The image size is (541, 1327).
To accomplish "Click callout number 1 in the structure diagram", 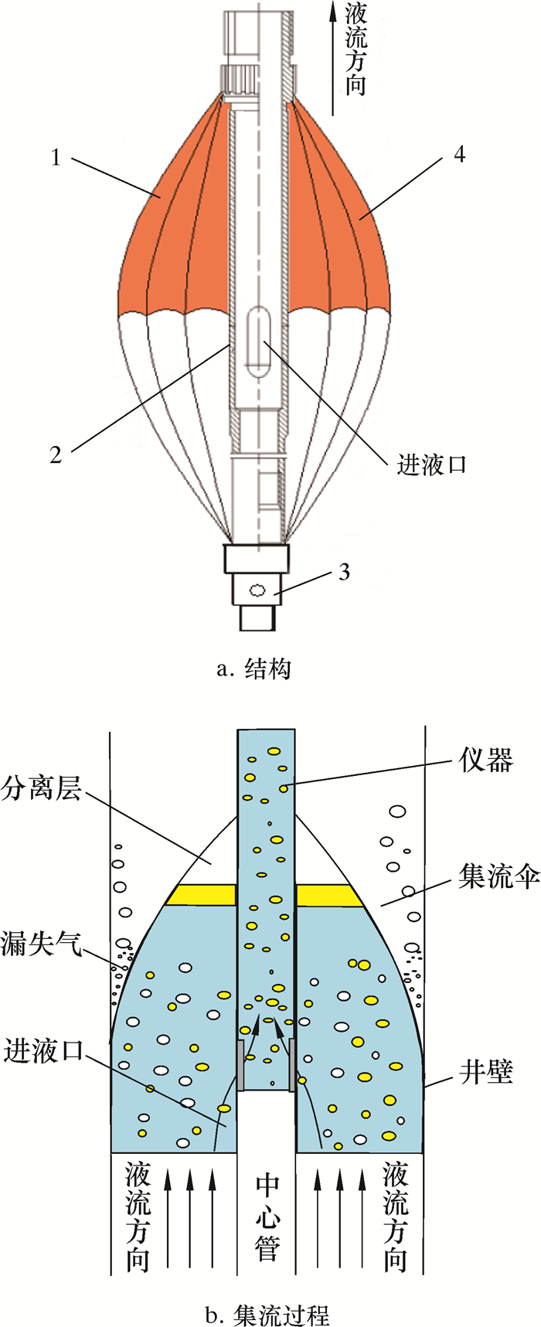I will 55,158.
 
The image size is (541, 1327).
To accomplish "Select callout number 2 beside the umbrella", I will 55,454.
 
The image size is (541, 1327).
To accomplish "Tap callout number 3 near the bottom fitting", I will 344,572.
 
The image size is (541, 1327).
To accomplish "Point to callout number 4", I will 459,155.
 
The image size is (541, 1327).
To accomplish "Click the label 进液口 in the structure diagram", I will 431,464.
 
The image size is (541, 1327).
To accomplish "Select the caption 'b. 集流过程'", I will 267,1313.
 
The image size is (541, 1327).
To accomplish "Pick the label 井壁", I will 485,1072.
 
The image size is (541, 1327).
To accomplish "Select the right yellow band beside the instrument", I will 329,895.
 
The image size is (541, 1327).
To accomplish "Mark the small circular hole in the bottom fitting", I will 257,590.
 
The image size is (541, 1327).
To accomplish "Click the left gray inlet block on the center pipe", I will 241,1064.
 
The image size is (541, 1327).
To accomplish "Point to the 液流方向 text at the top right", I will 355,48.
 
